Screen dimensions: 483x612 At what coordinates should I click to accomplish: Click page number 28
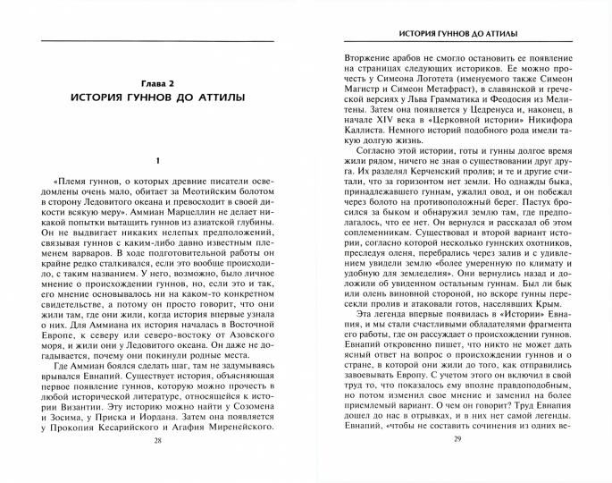(x=158, y=467)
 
